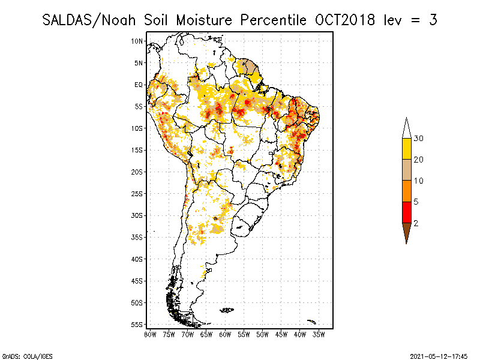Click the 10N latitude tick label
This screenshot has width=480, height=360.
pos(137,41)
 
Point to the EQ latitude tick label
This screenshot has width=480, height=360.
pos(138,85)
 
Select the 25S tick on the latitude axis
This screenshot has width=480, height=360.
pos(137,193)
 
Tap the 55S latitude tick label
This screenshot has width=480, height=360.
pos(137,324)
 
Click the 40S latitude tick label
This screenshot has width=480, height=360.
pos(137,259)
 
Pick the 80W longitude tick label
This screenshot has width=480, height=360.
pos(150,334)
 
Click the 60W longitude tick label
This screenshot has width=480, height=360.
pos(225,334)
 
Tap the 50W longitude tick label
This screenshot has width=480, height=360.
pos(262,334)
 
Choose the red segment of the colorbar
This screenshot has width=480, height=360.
pos(406,212)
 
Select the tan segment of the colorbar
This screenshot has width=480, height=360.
pos(406,170)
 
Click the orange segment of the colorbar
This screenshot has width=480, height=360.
pos(406,191)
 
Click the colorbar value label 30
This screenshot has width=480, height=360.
pos(419,139)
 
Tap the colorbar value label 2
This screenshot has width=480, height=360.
pos(416,223)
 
